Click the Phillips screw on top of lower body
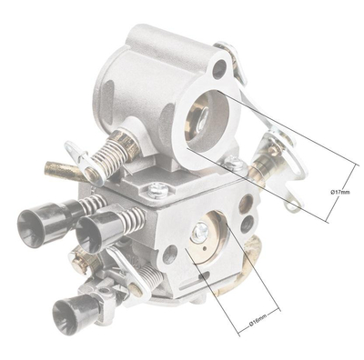pyautogui.click(x=160, y=189)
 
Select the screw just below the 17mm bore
pyautogui.click(x=235, y=165)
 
